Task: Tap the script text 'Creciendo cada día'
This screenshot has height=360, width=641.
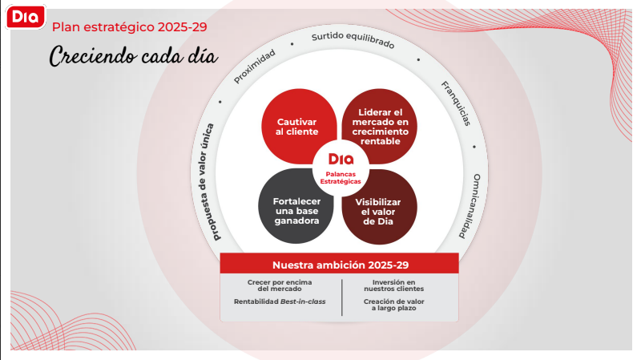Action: coord(133,56)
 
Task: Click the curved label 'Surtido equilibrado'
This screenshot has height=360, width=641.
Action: coord(353,40)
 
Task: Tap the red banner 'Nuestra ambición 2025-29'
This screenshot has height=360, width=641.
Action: coord(339,264)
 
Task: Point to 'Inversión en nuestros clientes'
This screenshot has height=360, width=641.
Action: coord(393,285)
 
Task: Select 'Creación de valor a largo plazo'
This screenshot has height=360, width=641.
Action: coord(393,305)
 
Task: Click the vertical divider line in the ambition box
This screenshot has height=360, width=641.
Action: coord(342,295)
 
